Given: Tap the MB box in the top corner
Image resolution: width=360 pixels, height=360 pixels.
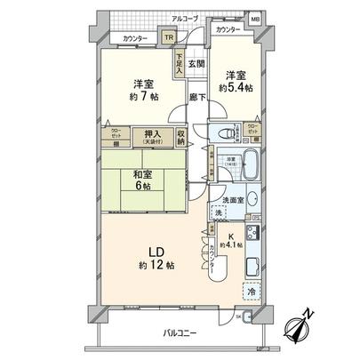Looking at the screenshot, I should (255, 20).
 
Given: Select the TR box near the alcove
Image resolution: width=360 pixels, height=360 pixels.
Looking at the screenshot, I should (167, 38).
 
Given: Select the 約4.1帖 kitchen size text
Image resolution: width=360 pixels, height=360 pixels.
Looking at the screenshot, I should (229, 242).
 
